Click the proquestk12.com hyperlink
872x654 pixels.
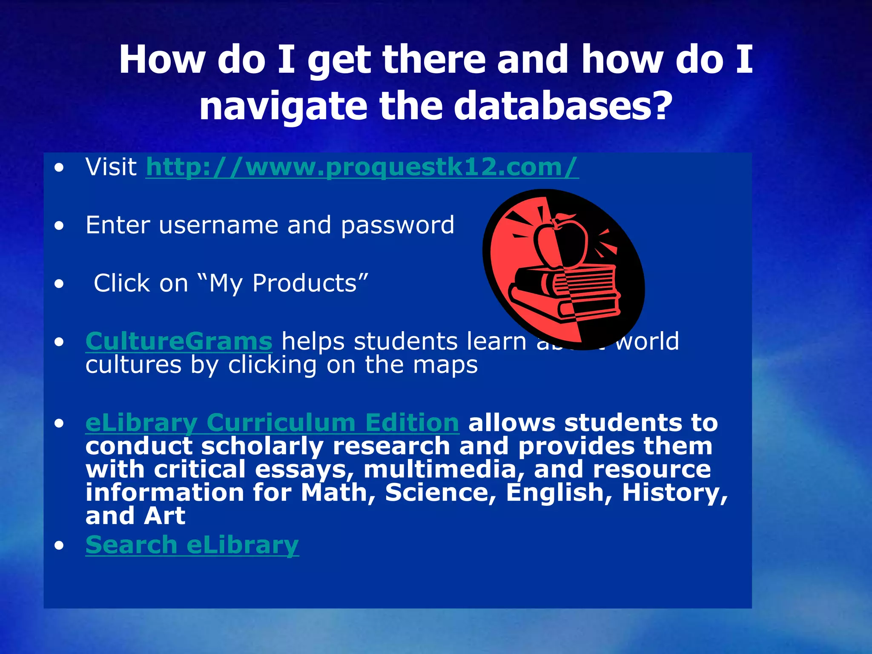click(362, 167)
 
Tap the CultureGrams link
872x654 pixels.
click(179, 341)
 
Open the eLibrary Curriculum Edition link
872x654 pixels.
click(272, 423)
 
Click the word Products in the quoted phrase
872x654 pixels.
click(304, 283)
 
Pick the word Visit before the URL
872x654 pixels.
click(111, 167)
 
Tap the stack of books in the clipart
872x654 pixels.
click(564, 294)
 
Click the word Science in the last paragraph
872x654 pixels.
click(441, 493)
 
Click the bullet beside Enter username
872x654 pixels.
click(59, 226)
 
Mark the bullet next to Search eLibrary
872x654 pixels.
click(59, 545)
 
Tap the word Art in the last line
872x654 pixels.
click(164, 516)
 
